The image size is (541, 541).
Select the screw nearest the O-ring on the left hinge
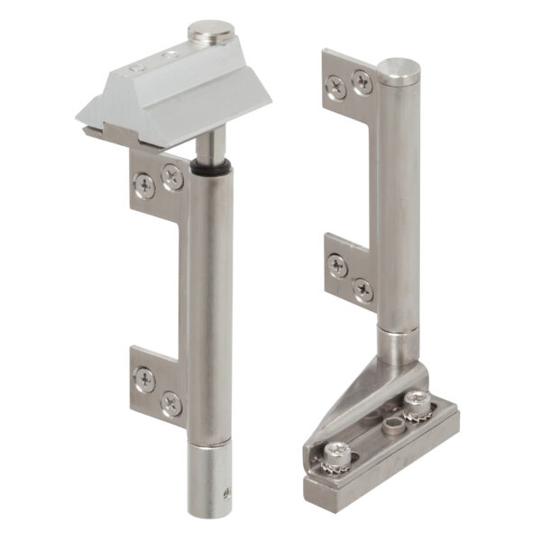click(171, 178)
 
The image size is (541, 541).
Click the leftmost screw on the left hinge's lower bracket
click(144, 379)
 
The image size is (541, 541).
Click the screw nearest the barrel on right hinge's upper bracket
click(362, 82)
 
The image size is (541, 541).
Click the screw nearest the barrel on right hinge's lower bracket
click(363, 290)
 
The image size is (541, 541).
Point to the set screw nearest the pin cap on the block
click(169, 56)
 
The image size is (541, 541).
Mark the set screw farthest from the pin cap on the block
click(135, 68)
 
